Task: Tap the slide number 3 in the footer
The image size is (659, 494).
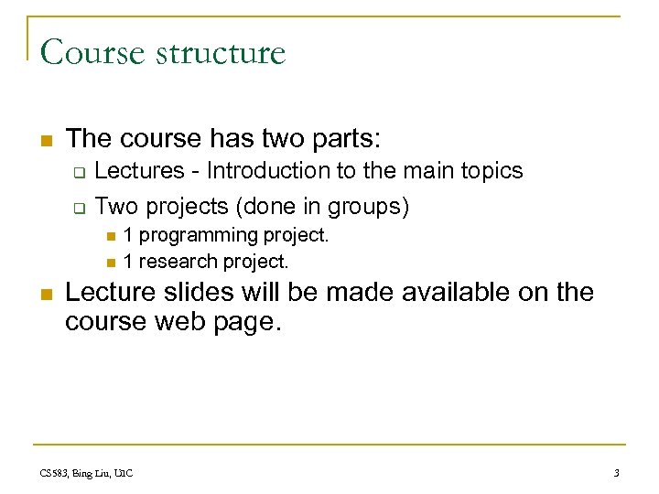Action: tap(617, 473)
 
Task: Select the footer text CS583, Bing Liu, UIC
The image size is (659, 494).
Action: tap(87, 473)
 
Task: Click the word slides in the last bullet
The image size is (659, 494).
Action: tap(206, 293)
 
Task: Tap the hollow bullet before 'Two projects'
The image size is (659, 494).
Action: tap(79, 208)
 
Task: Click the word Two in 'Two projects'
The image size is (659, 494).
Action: tap(113, 207)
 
